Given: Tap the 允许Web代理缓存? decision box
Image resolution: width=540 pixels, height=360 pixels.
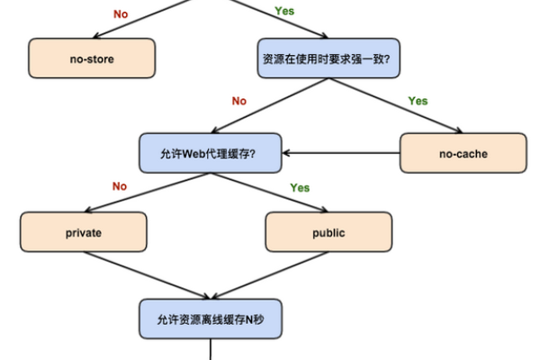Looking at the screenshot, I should (x=210, y=153).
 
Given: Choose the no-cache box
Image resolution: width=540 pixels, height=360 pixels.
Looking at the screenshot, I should (x=463, y=153).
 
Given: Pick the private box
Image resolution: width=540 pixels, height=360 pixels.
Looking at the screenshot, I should (x=84, y=232).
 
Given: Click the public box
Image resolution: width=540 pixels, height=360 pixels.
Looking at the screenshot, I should (x=328, y=232).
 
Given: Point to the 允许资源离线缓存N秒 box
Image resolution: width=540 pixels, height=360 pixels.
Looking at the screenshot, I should (x=210, y=318).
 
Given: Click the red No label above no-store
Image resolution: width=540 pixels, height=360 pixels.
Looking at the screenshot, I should (x=121, y=13).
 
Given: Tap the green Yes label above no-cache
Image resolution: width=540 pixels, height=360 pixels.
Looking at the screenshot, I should (x=418, y=101).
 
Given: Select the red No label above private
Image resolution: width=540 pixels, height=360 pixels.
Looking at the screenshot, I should (x=119, y=186).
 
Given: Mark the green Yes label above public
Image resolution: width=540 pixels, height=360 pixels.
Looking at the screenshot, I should (x=300, y=187).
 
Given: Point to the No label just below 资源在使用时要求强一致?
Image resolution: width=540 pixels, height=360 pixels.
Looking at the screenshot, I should (x=238, y=101).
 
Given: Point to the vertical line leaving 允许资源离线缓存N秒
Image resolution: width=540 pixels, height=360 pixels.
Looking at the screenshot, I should (x=210, y=349).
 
